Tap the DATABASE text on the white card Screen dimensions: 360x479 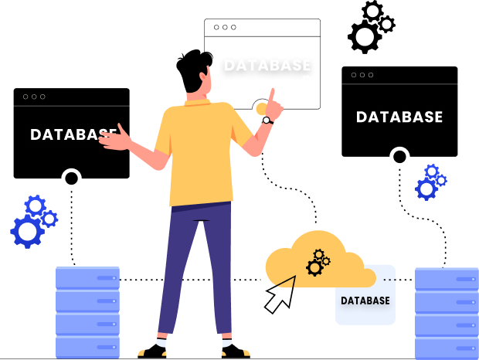365,301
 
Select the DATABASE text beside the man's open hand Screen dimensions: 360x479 73,134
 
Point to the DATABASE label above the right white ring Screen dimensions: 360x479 399,117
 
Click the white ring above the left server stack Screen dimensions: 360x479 71,178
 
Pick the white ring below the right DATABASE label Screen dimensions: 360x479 399,157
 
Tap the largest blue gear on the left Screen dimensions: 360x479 28,230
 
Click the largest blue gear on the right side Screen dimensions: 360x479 426,188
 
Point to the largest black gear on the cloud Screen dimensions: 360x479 314,267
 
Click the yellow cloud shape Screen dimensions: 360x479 309,259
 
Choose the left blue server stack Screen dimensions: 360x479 87,312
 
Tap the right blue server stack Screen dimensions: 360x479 447,313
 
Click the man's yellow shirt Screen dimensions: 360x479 198,155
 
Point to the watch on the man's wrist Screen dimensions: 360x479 267,120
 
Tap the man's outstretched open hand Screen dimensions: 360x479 114,140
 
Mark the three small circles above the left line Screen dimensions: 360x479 34,97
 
